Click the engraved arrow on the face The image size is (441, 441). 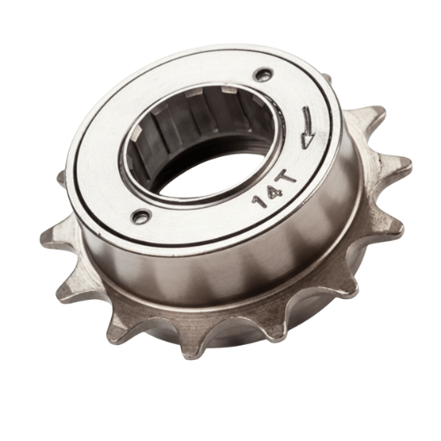pos(307,128)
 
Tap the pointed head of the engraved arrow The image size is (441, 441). pos(306,146)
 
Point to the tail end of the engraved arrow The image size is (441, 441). pos(308,108)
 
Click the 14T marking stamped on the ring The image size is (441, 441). pos(273,190)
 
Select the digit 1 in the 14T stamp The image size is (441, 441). pos(258,203)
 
